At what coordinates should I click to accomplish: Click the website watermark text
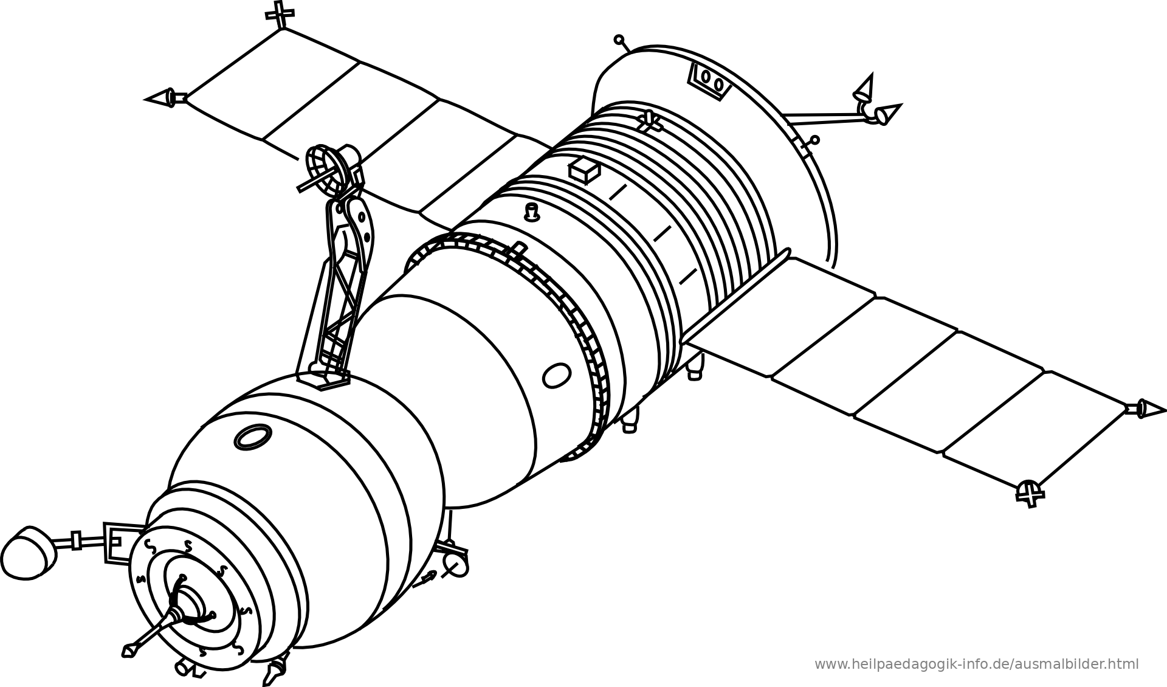pos(976,665)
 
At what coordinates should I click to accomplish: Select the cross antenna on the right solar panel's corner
pos(1030,492)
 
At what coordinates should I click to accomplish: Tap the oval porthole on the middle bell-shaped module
pos(556,375)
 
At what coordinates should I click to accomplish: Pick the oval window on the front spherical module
pos(252,437)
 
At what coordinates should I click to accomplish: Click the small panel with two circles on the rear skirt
pos(708,81)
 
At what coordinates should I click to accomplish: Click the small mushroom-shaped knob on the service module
pos(532,212)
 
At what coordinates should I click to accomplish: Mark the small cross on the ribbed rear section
pos(649,121)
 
